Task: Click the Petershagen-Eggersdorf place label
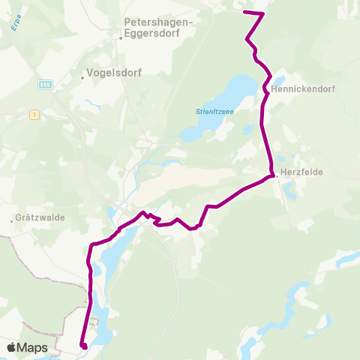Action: pos(156,27)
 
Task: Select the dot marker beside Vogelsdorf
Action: pos(82,76)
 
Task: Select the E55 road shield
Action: pos(46,85)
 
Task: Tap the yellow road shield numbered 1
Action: pos(34,114)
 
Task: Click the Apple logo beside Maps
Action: pos(12,347)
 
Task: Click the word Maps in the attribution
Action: pos(34,347)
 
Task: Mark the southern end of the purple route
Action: pos(84,346)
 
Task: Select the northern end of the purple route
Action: pos(246,12)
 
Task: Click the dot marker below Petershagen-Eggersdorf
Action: pos(121,37)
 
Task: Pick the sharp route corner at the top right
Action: pos(263,13)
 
